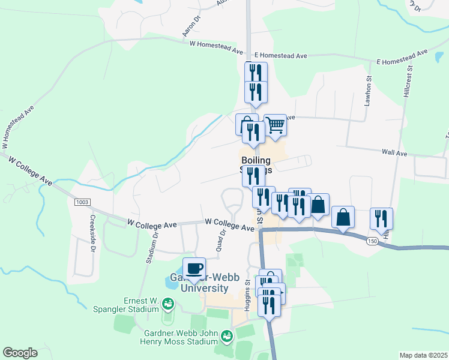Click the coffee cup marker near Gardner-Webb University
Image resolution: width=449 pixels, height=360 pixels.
[193, 268]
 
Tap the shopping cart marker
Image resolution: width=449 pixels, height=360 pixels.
[275, 125]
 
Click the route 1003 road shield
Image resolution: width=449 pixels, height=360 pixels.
[83, 202]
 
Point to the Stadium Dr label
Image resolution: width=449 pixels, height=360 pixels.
[151, 246]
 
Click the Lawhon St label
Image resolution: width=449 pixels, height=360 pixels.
[369, 92]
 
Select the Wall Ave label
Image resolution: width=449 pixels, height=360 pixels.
[394, 153]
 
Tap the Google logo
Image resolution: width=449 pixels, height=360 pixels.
[20, 353]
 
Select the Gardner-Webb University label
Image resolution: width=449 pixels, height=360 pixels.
[198, 283]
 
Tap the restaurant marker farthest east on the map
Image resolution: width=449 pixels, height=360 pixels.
[381, 218]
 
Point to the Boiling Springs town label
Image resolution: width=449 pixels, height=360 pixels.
[257, 165]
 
